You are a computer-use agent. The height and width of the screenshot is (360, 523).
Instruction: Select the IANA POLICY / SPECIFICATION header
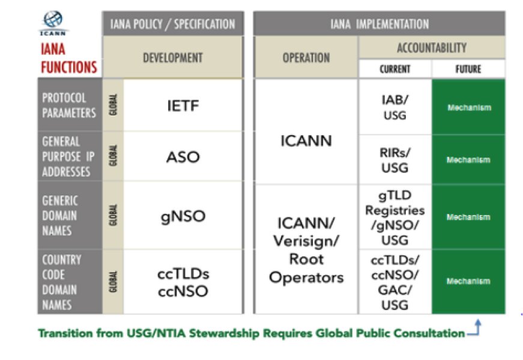click(x=172, y=24)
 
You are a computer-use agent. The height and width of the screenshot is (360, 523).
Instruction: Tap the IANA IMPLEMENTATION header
click(x=379, y=24)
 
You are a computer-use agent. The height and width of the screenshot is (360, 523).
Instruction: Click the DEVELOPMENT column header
click(x=172, y=58)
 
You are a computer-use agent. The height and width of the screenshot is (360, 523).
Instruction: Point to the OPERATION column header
click(x=306, y=58)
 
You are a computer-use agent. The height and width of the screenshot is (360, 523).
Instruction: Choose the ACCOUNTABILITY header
click(x=431, y=47)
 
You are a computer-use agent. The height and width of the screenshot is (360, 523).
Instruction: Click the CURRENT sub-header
click(x=395, y=69)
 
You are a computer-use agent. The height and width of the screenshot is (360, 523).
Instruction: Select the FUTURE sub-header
click(x=468, y=69)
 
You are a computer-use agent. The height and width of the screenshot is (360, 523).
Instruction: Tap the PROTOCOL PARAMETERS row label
click(x=69, y=105)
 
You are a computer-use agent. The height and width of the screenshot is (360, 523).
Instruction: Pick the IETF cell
click(x=183, y=106)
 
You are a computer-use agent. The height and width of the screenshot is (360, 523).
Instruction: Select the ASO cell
click(x=183, y=157)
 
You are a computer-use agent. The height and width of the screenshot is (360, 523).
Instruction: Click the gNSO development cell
click(x=183, y=216)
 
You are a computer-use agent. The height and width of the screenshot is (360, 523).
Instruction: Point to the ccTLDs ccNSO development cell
click(x=183, y=282)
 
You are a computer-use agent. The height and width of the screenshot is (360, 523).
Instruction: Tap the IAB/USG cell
click(x=395, y=106)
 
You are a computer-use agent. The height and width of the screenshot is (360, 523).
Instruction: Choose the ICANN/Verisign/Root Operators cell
click(x=306, y=250)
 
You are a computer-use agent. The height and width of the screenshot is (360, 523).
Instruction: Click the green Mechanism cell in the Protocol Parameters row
click(x=468, y=108)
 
